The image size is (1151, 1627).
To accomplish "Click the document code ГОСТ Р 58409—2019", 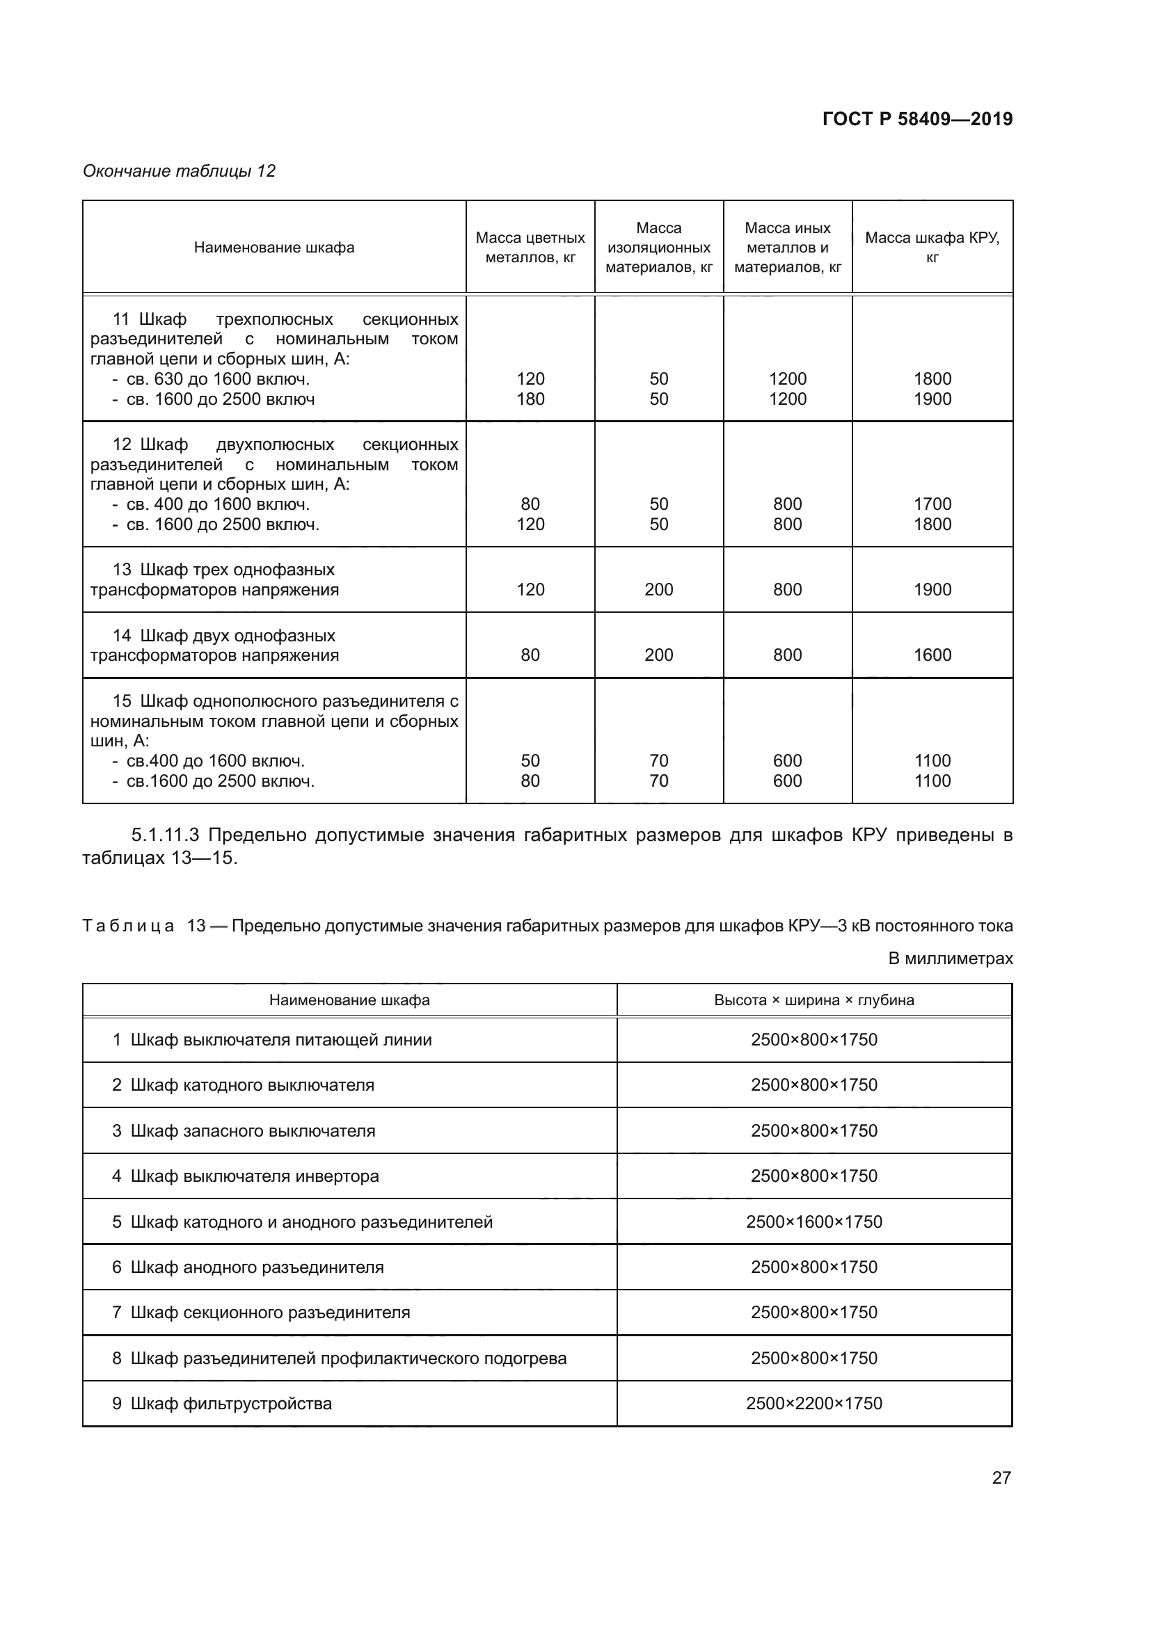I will click(917, 119).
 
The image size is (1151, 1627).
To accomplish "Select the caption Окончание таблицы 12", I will click(179, 171).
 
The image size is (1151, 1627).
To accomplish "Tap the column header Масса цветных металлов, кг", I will click(530, 248).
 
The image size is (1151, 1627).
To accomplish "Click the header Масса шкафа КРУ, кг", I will click(932, 248).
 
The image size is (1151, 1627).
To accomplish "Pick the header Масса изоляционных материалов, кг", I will click(658, 248).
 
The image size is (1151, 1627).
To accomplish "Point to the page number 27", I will click(1001, 1477).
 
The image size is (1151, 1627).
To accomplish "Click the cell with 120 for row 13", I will click(530, 590).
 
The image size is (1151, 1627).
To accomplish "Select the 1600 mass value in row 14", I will click(932, 655).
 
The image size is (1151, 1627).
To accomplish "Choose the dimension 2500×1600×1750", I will click(813, 1221).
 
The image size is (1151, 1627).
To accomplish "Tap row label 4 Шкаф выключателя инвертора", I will click(245, 1176).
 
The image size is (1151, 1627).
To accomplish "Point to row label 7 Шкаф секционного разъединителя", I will click(261, 1313).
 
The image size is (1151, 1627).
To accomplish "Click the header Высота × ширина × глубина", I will click(813, 1000).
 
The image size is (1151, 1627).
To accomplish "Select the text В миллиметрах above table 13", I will click(951, 959).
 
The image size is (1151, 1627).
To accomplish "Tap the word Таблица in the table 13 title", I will click(128, 926).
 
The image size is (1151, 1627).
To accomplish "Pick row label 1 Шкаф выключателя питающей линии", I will click(272, 1039).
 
